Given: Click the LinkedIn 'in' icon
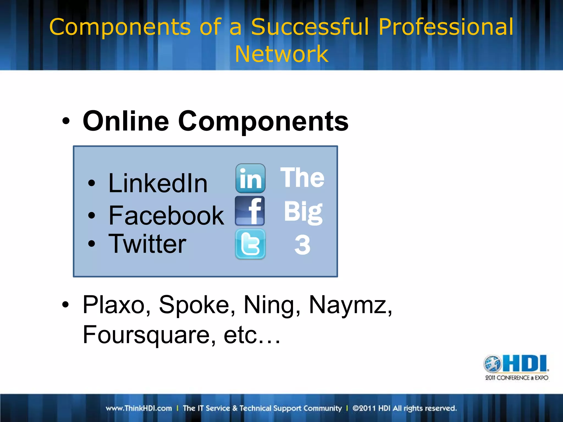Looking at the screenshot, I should click(250, 178).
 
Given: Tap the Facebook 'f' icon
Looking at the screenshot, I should click(250, 211).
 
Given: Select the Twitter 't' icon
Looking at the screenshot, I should click(250, 244).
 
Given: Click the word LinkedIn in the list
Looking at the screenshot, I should click(158, 183).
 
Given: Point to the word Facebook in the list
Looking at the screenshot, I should click(166, 216).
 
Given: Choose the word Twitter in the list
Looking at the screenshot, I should click(147, 244).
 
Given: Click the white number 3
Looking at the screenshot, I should click(302, 245).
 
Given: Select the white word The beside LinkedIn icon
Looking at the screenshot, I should click(302, 178).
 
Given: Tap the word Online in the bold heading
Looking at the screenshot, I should click(126, 121).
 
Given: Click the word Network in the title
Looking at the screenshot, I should click(281, 54).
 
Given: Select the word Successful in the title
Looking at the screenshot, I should click(310, 27).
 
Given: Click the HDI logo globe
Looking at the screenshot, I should click(492, 363).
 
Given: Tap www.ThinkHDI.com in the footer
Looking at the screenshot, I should click(139, 408).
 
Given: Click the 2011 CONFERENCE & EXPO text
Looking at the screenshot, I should click(517, 378).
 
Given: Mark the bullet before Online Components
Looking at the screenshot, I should click(66, 121).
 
